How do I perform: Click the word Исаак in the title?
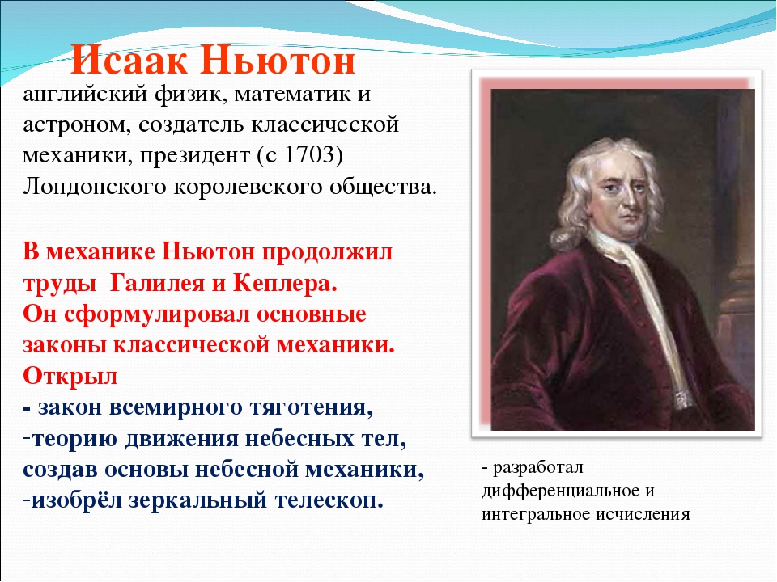coord(129,61)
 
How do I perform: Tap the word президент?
coord(193,156)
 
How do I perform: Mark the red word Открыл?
coord(70,376)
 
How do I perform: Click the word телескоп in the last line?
coord(329,501)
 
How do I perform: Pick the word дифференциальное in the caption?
coord(559,491)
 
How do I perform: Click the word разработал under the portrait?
coord(538,468)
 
